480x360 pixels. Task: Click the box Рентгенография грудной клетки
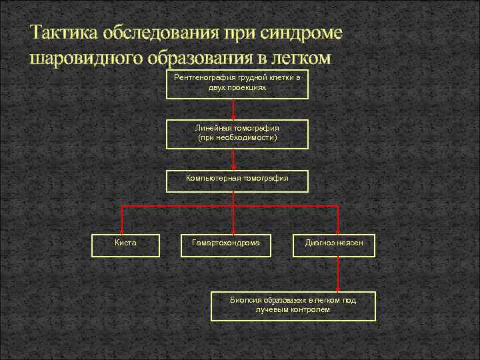(237, 84)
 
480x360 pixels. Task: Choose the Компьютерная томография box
(237, 180)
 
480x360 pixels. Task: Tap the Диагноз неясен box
(334, 245)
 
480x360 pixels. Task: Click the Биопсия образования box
(293, 305)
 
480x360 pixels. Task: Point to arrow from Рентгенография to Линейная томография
(233, 109)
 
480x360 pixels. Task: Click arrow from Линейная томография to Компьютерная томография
(233, 158)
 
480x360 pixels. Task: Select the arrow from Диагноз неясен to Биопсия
(339, 273)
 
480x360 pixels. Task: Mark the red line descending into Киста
(122, 220)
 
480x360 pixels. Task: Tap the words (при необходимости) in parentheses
(237, 137)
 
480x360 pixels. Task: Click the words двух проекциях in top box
(237, 88)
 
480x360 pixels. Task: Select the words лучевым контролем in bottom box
(293, 310)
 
